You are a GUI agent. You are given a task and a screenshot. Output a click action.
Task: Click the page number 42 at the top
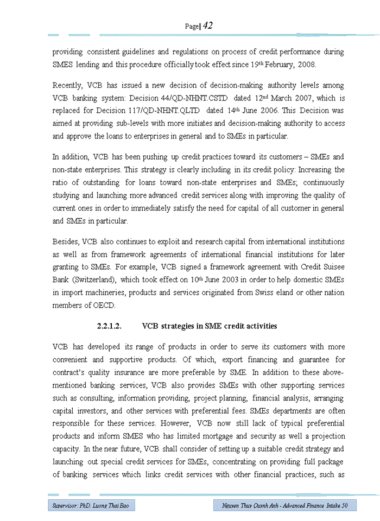pos(207,26)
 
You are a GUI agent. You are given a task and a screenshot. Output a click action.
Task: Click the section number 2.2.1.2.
pos(109,326)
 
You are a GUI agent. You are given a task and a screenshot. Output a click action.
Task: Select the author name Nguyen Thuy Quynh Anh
pos(251,506)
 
